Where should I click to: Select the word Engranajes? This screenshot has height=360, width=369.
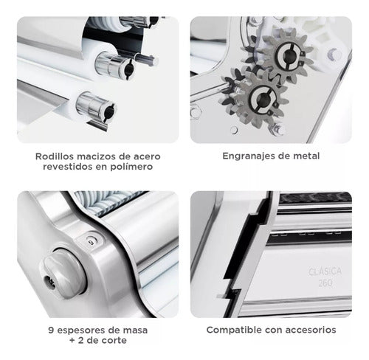(x=249, y=156)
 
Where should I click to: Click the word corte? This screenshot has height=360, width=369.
(x=114, y=341)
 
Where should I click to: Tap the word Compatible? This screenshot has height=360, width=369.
(x=234, y=330)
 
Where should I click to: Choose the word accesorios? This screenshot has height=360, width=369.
(x=312, y=330)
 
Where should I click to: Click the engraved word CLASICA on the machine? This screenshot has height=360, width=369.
(x=325, y=271)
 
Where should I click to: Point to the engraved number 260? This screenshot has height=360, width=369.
(x=325, y=283)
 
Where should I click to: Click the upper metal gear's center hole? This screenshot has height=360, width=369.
(x=287, y=56)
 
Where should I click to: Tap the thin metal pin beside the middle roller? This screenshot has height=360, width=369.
(x=145, y=59)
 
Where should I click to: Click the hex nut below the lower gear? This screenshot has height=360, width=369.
(x=277, y=129)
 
